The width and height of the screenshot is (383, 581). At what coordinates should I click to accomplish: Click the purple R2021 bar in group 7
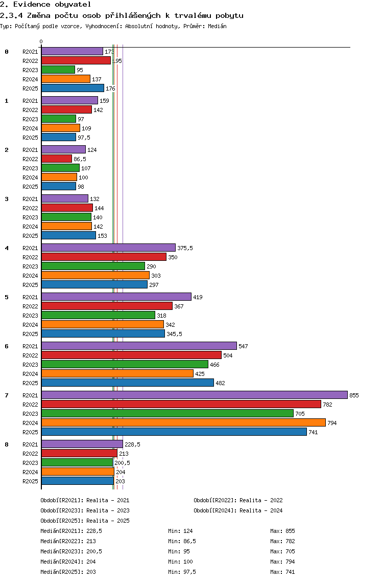tap(195, 395)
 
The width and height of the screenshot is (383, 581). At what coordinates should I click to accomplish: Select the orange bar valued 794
tap(183, 423)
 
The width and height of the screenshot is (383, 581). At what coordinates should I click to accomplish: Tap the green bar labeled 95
tap(58, 70)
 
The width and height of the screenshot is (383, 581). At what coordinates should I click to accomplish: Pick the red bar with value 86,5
tap(57, 159)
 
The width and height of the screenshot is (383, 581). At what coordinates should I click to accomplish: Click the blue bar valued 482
tap(128, 383)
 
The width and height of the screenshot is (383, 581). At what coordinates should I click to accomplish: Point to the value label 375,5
tap(185, 248)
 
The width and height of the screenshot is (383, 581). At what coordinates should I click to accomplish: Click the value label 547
tap(243, 346)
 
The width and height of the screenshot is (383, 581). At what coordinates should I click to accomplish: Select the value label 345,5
tap(174, 334)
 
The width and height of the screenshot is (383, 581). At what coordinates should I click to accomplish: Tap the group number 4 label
tap(7, 248)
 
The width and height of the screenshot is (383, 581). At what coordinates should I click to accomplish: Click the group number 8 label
tap(7, 444)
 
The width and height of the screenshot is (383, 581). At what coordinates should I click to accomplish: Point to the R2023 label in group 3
tap(30, 217)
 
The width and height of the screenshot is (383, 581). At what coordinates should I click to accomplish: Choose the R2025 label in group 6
tap(30, 383)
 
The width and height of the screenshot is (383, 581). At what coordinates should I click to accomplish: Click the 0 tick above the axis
tap(41, 41)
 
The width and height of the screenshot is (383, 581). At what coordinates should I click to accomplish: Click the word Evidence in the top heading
tap(32, 5)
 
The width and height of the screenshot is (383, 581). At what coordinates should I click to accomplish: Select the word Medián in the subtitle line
tap(217, 26)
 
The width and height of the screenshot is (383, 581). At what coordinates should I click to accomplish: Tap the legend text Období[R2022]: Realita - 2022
tap(238, 500)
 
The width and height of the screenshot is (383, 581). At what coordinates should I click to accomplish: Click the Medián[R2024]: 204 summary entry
tap(68, 562)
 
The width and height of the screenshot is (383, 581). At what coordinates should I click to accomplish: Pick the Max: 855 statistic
tap(283, 531)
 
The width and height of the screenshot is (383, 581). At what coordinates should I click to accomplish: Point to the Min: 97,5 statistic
tap(182, 572)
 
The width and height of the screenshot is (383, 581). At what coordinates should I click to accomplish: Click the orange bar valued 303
tap(95, 275)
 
